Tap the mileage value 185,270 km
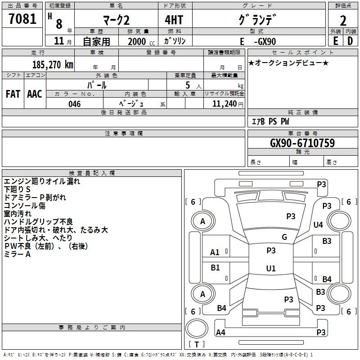coord(53,64)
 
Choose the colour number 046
coord(74,104)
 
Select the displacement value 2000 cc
coord(139,41)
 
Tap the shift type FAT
coord(13,94)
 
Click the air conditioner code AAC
coord(34,94)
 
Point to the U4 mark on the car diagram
coord(318,225)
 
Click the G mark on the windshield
coord(284,237)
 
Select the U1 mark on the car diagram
coord(270,268)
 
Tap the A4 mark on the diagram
coord(220,333)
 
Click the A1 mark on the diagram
coord(215,252)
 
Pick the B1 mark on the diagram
coord(215,268)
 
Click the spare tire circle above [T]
coord(197,328)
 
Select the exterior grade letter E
coord(335,41)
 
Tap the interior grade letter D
coord(350,41)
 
